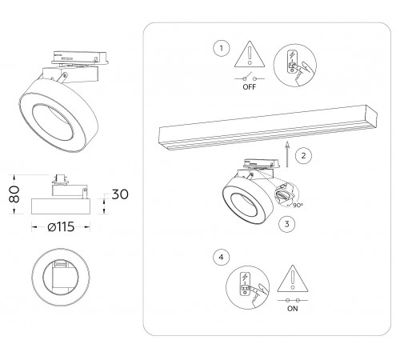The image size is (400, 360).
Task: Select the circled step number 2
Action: pyautogui.click(x=300, y=157)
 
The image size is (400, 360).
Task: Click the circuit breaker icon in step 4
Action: pyautogui.click(x=250, y=289)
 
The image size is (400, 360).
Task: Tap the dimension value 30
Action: pyautogui.click(x=120, y=194)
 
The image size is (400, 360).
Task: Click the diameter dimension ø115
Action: pyautogui.click(x=61, y=226)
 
